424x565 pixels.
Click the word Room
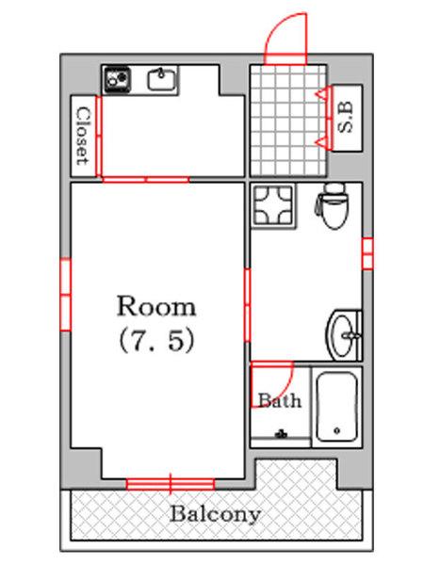(x=156, y=307)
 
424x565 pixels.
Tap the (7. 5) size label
(x=156, y=341)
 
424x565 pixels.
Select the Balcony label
(x=215, y=514)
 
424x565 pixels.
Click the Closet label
(x=83, y=136)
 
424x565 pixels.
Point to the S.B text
(x=346, y=117)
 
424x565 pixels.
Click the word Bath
(x=280, y=400)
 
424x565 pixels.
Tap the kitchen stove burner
(x=118, y=80)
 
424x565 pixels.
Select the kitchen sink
(x=161, y=79)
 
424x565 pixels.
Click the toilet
(x=332, y=205)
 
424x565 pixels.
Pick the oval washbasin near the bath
(x=343, y=335)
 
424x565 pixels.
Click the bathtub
(x=337, y=407)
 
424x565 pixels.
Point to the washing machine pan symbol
(x=273, y=206)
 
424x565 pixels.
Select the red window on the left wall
(x=65, y=295)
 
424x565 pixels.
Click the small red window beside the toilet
(x=367, y=253)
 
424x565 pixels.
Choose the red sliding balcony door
(x=171, y=484)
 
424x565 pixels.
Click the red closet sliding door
(x=98, y=137)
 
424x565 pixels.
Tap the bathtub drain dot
(x=337, y=430)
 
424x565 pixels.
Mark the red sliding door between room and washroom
(x=247, y=305)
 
